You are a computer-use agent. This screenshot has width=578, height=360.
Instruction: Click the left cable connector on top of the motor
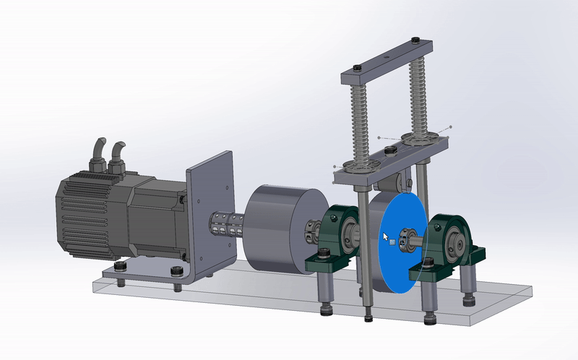pyautogui.click(x=97, y=153)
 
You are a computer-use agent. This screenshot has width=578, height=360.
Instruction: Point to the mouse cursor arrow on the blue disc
pyautogui.click(x=385, y=236)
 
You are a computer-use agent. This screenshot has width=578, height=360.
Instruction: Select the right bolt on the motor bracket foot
pyautogui.click(x=176, y=272)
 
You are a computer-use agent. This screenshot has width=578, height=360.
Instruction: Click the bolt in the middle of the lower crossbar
pyautogui.click(x=390, y=150)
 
